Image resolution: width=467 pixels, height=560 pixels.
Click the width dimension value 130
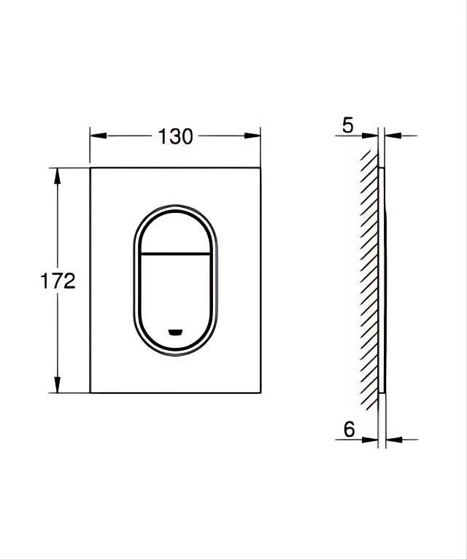coord(176,136)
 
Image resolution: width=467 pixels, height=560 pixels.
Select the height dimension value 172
coord(58,281)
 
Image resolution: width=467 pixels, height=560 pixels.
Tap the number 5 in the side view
coord(348,125)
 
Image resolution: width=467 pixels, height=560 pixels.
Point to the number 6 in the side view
coord(349,430)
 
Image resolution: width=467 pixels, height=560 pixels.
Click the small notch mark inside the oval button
coord(175,332)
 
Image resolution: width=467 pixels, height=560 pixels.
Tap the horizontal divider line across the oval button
coord(175,254)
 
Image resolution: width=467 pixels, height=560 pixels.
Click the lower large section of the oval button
coord(175,295)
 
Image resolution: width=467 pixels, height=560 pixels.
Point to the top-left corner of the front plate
coord(90,168)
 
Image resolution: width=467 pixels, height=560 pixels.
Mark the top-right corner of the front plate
coord(260,168)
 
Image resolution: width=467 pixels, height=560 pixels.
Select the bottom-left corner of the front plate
coord(90,393)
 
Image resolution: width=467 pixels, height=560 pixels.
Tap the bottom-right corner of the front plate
coord(260,393)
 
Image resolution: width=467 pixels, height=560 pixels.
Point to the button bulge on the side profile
coord(386,281)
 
